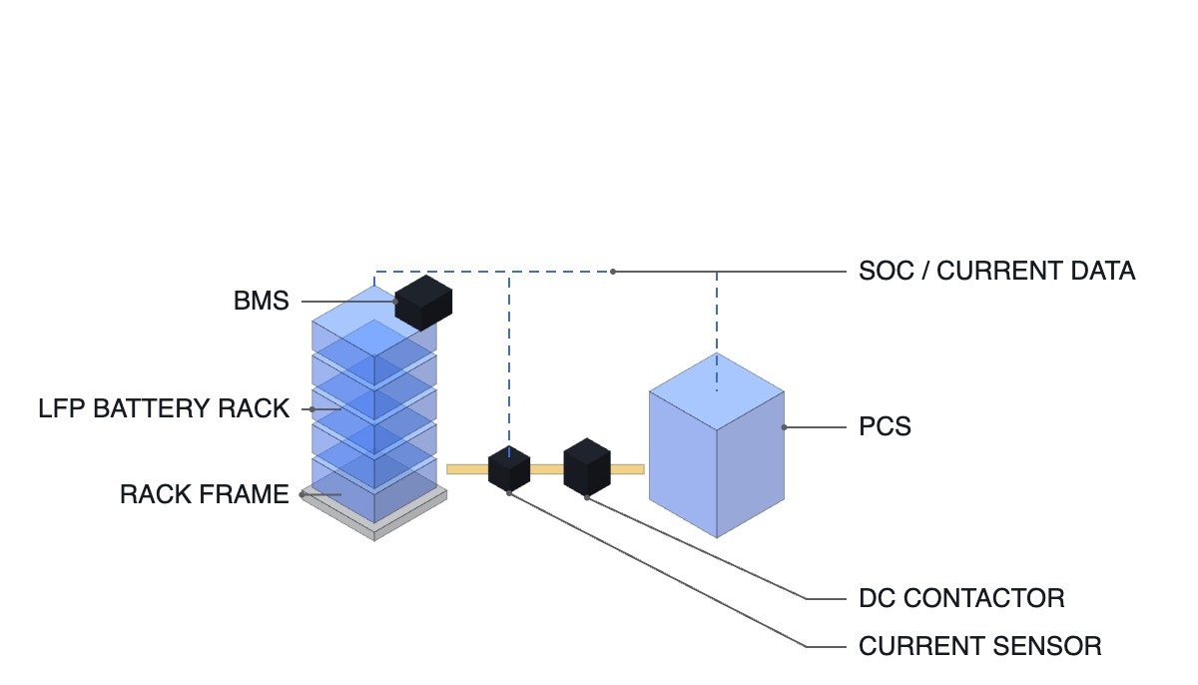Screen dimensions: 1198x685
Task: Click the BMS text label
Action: click(x=261, y=301)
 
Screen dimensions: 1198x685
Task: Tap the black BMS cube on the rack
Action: click(x=423, y=304)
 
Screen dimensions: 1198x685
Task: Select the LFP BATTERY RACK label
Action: click(x=164, y=409)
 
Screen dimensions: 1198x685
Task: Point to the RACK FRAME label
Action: click(x=205, y=494)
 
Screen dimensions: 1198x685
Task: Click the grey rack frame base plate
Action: click(x=374, y=521)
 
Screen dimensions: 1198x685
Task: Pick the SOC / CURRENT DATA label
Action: click(x=997, y=272)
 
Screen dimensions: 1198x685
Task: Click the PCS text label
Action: click(x=885, y=427)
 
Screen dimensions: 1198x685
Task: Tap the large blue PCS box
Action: click(x=717, y=445)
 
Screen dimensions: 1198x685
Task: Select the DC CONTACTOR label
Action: click(x=961, y=599)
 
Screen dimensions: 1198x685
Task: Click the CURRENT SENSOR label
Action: click(x=980, y=647)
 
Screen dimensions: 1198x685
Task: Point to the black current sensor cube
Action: click(x=509, y=468)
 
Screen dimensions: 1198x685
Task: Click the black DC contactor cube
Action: click(x=587, y=467)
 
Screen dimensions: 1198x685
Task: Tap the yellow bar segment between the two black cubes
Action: click(x=547, y=469)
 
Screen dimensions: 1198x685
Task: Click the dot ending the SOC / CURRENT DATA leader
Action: click(x=613, y=272)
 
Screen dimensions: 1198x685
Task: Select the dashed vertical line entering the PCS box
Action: click(x=717, y=332)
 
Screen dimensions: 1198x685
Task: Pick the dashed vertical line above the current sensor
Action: click(x=509, y=364)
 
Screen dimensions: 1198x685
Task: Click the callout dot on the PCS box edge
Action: click(x=784, y=427)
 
